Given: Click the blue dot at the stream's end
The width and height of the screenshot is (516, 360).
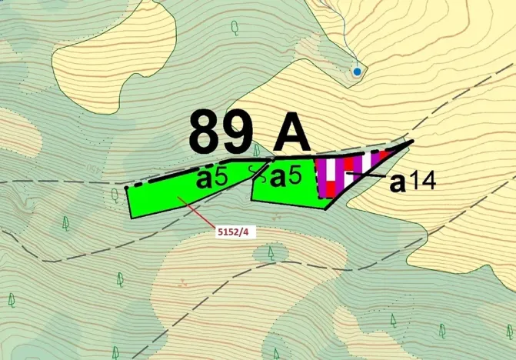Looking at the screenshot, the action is [357, 72].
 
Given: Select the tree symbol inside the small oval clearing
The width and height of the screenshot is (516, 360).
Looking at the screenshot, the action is [271, 252].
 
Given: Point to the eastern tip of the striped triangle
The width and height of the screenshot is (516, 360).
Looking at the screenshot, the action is [413, 142].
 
